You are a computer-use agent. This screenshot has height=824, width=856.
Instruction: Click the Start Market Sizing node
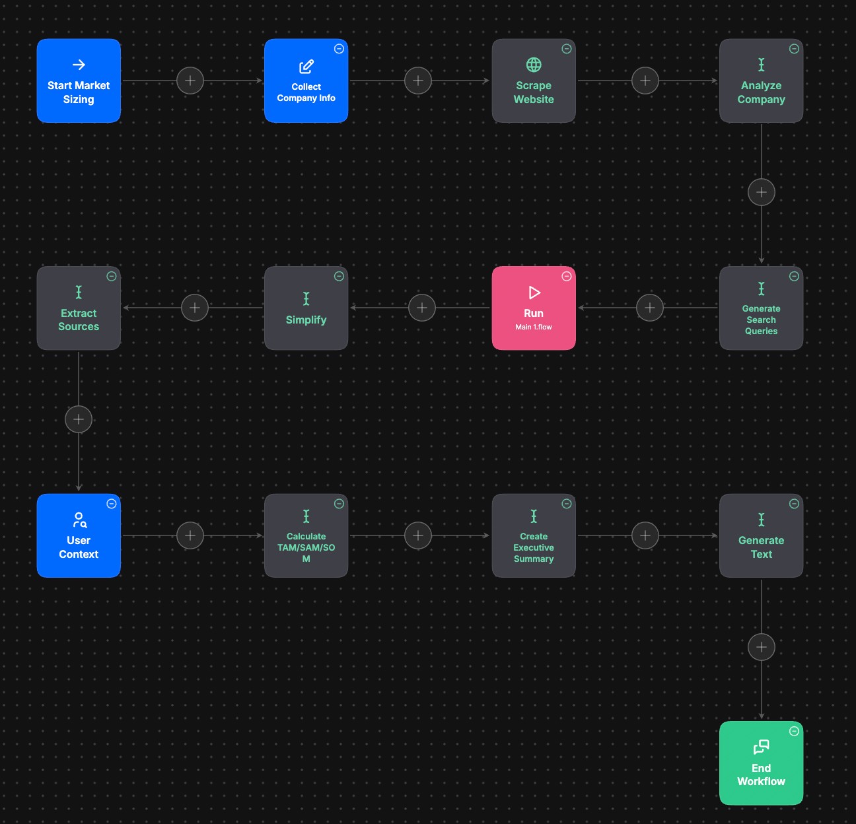pyautogui.click(x=79, y=81)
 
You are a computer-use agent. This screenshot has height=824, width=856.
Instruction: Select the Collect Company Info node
pyautogui.click(x=306, y=81)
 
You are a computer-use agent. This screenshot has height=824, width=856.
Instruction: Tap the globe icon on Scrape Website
pyautogui.click(x=534, y=65)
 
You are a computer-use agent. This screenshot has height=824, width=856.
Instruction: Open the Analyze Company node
pyautogui.click(x=761, y=81)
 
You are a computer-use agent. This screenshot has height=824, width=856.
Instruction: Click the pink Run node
pyautogui.click(x=534, y=308)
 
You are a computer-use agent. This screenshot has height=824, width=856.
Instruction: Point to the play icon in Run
pyautogui.click(x=534, y=292)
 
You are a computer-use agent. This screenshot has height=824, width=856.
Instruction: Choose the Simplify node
pyautogui.click(x=306, y=308)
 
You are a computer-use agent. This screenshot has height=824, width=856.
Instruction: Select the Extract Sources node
pyautogui.click(x=79, y=308)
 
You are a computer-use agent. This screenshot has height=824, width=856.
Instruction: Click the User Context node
pyautogui.click(x=79, y=535)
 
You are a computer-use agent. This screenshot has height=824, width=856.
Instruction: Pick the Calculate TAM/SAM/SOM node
pyautogui.click(x=306, y=535)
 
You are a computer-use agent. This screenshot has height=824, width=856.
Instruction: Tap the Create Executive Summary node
pyautogui.click(x=534, y=535)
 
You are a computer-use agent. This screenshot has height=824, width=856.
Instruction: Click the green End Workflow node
pyautogui.click(x=761, y=763)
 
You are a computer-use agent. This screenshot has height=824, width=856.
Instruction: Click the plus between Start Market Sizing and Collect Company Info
pyautogui.click(x=190, y=81)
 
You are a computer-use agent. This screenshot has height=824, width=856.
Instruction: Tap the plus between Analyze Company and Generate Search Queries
pyautogui.click(x=762, y=192)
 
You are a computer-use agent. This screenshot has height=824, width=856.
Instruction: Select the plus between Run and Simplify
pyautogui.click(x=422, y=308)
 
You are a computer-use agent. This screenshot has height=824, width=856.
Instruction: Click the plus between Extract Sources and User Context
pyautogui.click(x=79, y=419)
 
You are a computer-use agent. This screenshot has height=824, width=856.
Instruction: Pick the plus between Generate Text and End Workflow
pyautogui.click(x=762, y=647)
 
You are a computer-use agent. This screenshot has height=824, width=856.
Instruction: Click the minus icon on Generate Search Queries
pyautogui.click(x=794, y=276)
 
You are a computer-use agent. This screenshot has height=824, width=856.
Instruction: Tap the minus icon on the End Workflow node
pyautogui.click(x=794, y=731)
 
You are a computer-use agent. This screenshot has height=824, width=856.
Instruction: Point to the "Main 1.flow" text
pyautogui.click(x=534, y=327)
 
